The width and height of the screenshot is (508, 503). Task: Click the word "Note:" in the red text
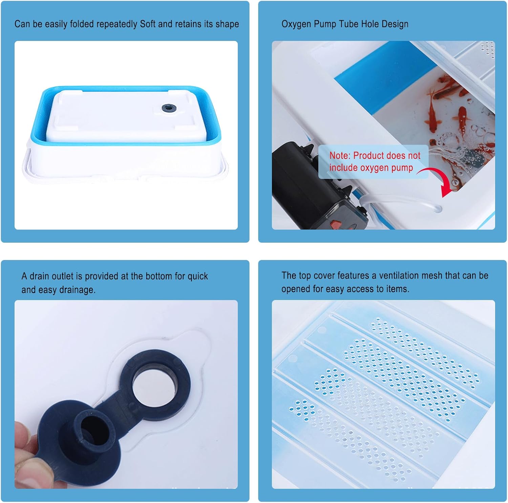tap(340, 156)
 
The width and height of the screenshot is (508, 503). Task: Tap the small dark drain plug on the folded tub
tap(169, 108)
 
